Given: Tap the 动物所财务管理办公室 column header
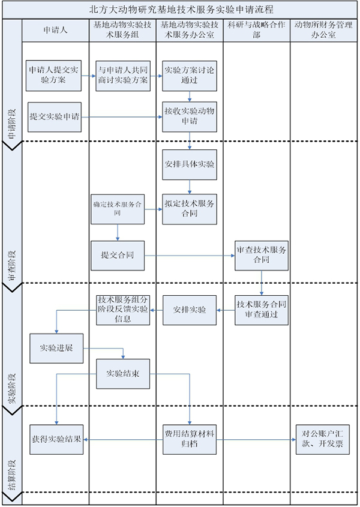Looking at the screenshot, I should (323, 30).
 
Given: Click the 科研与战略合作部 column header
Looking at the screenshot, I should (256, 30).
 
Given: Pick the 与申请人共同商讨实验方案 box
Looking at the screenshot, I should (124, 75).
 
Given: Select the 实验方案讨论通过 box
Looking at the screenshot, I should (190, 75).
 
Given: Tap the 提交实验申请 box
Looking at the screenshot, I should (55, 116).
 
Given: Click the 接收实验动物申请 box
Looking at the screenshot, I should (190, 116).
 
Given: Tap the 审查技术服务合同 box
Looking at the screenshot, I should (262, 255).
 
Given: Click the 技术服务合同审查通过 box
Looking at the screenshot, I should (262, 309).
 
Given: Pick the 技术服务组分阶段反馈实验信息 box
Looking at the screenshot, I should (124, 309).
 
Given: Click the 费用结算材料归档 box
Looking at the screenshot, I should (190, 439).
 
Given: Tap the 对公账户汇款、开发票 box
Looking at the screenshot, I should (323, 439).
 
